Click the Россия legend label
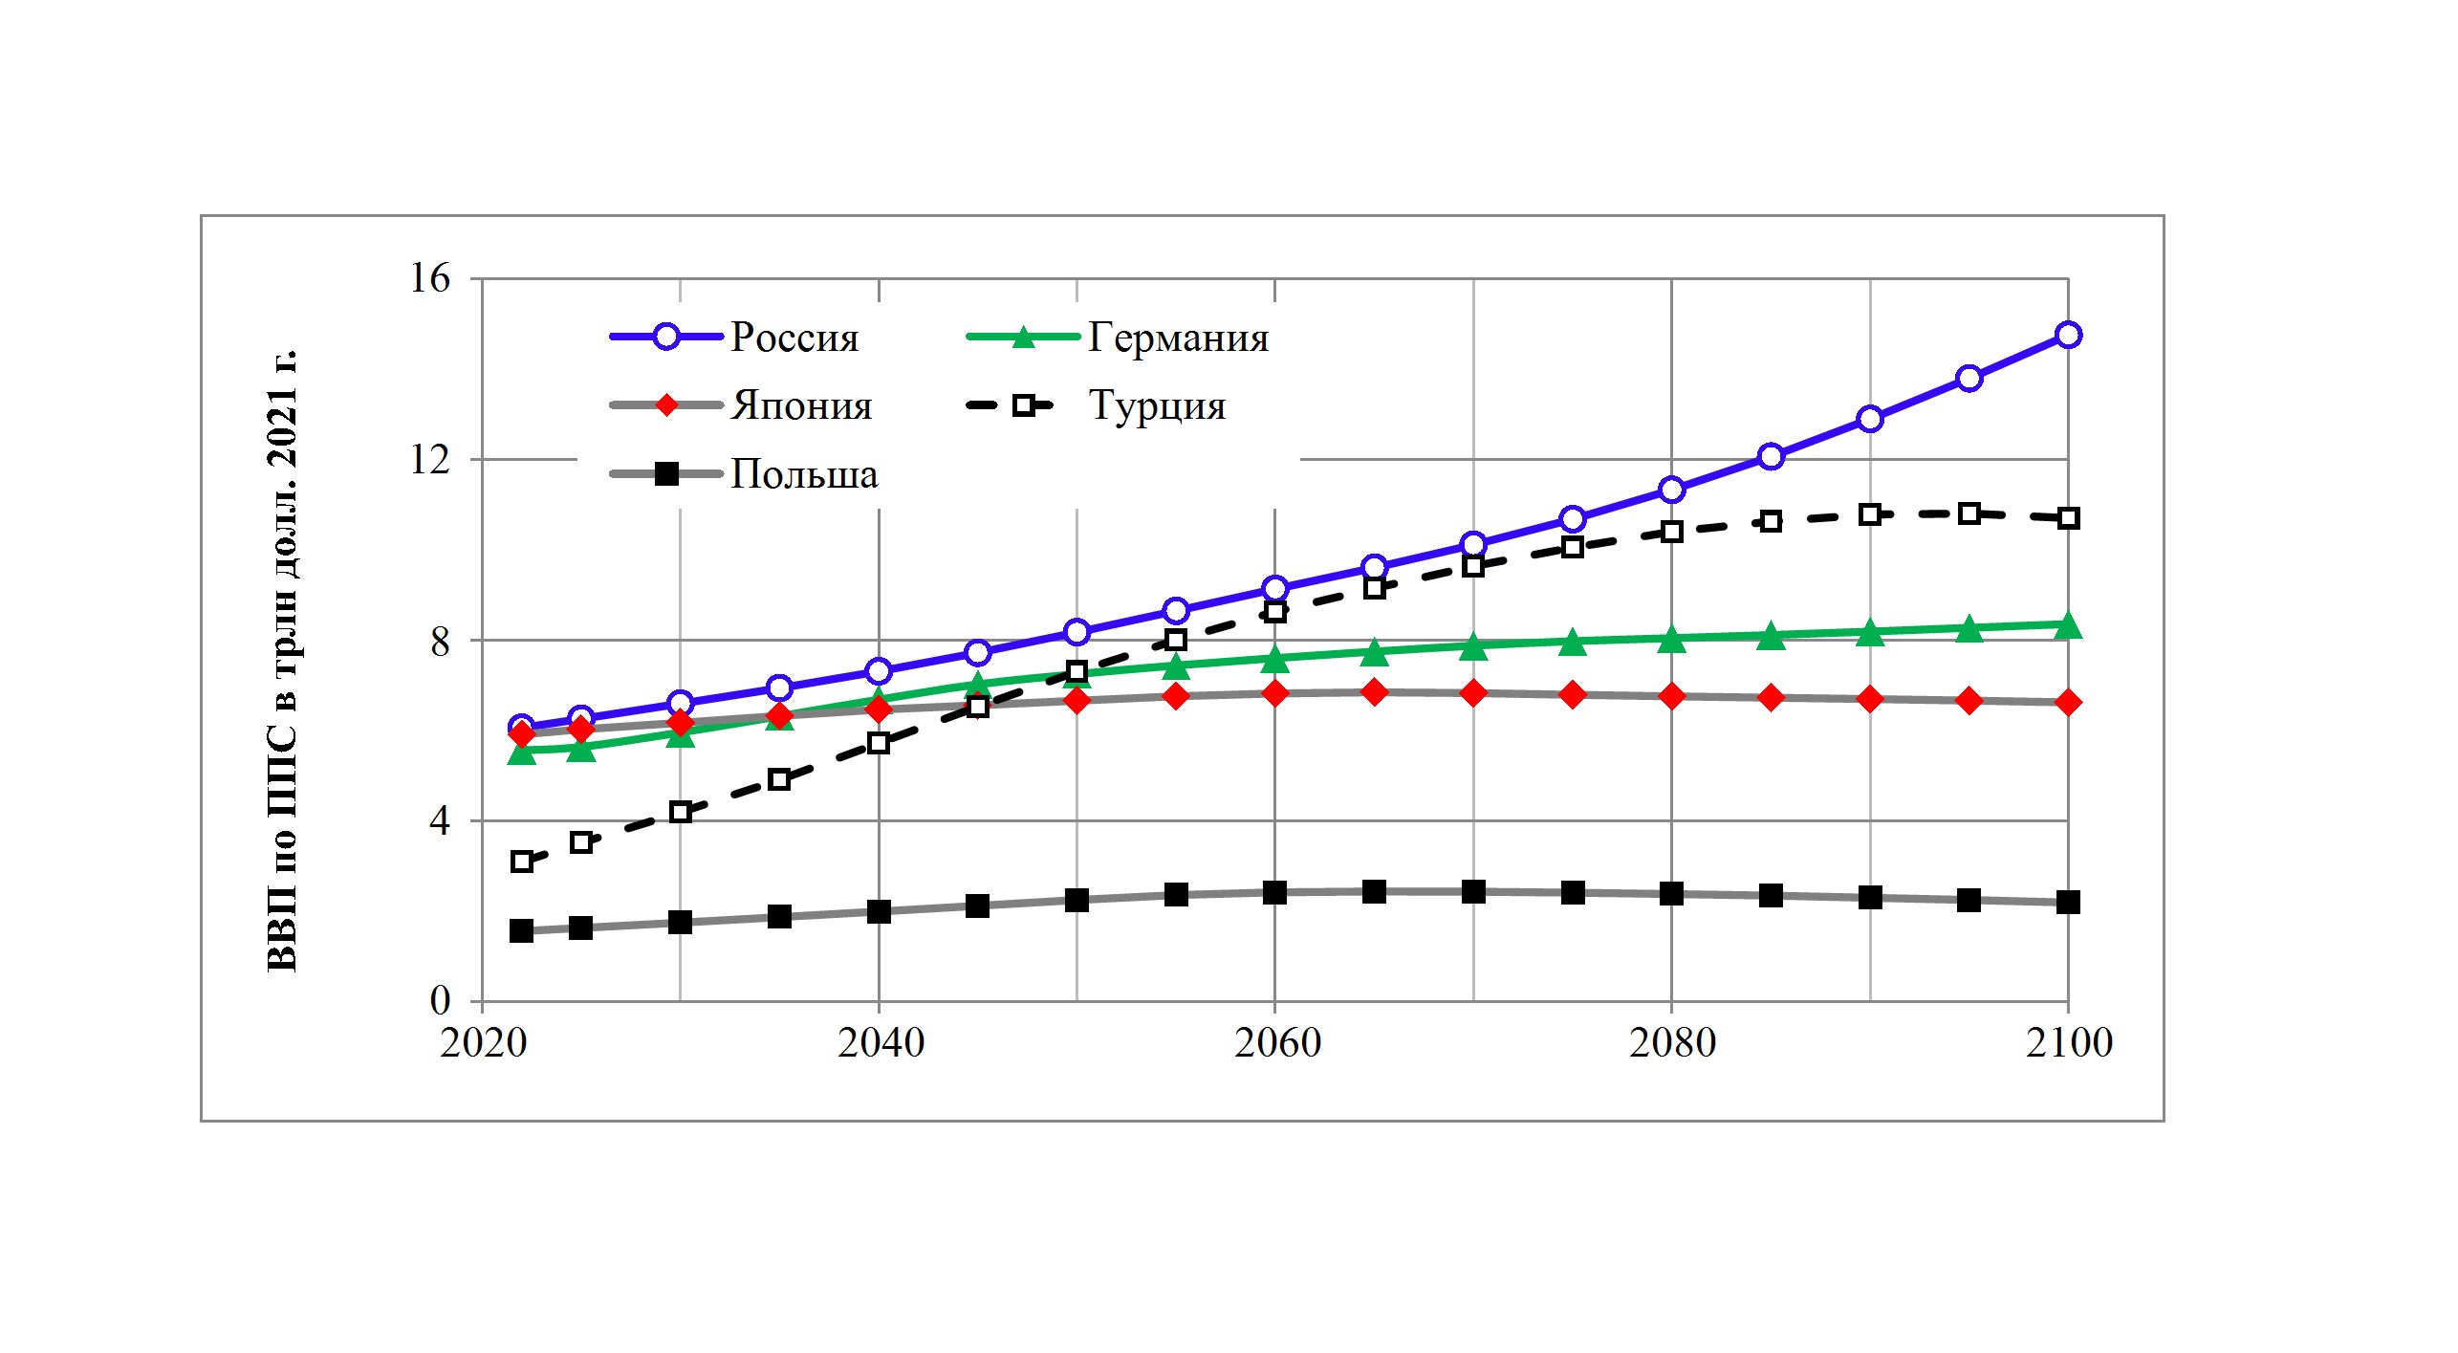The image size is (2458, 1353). click(794, 338)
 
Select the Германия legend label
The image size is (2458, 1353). click(1178, 338)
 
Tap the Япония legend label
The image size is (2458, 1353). click(801, 406)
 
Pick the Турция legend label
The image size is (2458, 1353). click(1157, 406)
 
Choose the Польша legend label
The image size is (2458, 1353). click(804, 474)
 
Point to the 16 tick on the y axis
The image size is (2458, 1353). click(429, 278)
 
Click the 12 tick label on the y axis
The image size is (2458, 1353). click(429, 460)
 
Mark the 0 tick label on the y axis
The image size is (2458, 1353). click(439, 1001)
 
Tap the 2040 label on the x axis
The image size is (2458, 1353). click(880, 1043)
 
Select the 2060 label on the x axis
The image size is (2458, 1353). click(1276, 1043)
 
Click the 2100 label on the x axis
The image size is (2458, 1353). click(2069, 1043)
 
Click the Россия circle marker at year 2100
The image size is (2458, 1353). click(2068, 336)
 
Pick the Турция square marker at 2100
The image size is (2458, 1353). click(2068, 518)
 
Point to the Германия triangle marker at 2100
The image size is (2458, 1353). click(2068, 625)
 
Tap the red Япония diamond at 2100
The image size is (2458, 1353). click(2068, 703)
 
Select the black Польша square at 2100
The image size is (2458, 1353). click(2068, 902)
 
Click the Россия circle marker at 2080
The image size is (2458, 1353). click(1671, 491)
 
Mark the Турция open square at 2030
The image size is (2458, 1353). click(680, 813)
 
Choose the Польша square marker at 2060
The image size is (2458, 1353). click(1274, 892)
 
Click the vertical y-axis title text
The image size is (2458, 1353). click(283, 660)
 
